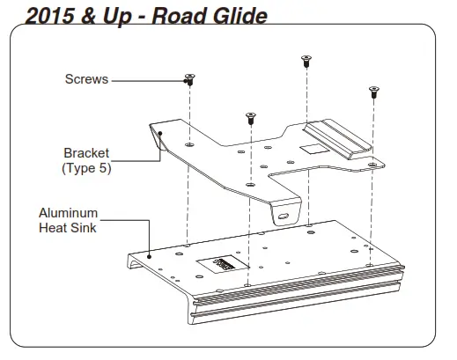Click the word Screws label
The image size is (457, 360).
click(86, 79)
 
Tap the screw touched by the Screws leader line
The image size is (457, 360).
click(188, 80)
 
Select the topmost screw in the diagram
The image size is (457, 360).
click(306, 61)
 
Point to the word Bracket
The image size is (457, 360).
click(85, 153)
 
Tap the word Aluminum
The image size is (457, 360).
click(68, 213)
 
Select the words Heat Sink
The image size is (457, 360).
click(68, 229)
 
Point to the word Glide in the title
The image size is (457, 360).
click(232, 15)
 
